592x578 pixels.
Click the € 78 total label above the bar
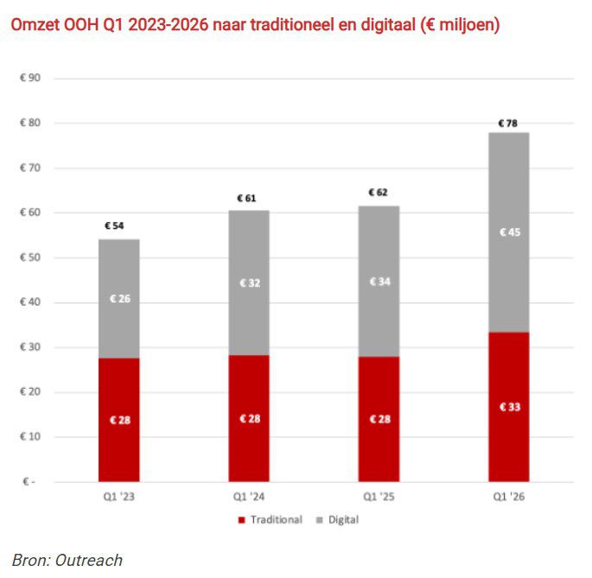[508, 124]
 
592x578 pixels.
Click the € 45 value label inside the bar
[509, 232]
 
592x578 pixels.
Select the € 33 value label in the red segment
[509, 407]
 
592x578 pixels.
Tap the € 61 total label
[249, 198]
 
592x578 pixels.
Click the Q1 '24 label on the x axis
[249, 497]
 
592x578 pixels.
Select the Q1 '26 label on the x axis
[508, 497]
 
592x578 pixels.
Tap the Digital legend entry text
[343, 520]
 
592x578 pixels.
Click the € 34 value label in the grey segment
[379, 282]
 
